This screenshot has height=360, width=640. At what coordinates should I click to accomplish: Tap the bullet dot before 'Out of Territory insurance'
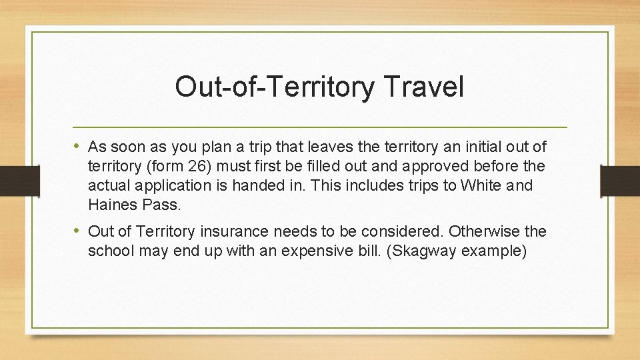78,231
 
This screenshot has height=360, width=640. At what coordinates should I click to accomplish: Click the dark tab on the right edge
619,180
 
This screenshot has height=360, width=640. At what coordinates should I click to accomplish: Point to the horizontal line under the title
320,126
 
